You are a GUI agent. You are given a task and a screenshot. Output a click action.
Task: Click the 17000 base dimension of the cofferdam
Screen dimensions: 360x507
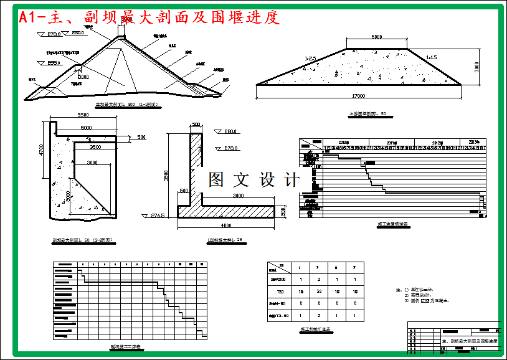click(358, 96)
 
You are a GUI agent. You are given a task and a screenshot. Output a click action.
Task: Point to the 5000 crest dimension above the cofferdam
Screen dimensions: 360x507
click(376, 37)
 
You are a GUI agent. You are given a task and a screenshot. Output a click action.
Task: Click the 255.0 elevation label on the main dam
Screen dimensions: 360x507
click(54, 63)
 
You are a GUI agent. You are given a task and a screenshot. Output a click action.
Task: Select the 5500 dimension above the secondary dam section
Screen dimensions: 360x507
click(85, 115)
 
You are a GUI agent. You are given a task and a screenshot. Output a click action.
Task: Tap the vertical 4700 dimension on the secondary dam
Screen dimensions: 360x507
click(41, 151)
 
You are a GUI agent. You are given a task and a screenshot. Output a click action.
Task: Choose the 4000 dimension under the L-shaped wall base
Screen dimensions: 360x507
click(225, 225)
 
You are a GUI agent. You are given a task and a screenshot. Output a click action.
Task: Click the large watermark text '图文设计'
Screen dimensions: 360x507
click(253, 180)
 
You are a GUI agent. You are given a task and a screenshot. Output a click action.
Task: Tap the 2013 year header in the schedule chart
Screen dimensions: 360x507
click(474, 142)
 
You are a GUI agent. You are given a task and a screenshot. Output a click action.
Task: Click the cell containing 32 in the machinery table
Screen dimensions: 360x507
click(318, 291)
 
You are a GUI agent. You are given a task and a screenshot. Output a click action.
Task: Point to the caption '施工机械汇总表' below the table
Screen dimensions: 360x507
click(311, 329)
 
